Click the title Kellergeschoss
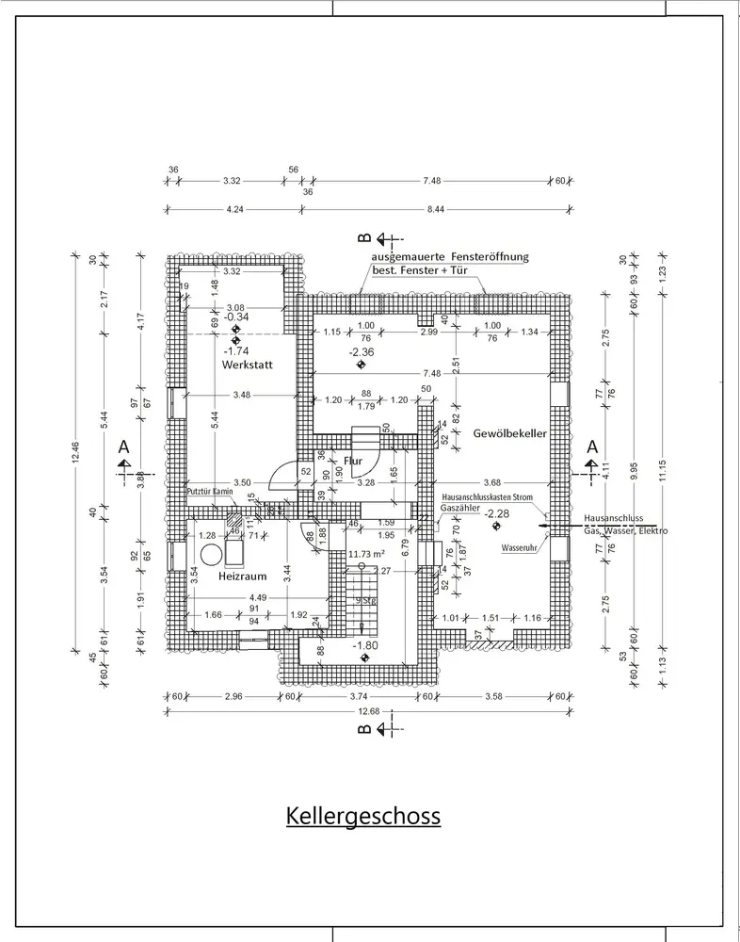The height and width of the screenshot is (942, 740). [x=363, y=815]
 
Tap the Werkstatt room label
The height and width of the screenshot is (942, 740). [x=248, y=364]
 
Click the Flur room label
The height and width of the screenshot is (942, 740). [x=354, y=461]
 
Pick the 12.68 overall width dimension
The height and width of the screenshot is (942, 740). [x=368, y=712]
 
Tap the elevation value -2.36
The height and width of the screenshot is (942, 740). [x=361, y=352]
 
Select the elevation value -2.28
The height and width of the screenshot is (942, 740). [x=497, y=513]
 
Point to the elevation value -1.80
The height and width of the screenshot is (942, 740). [x=365, y=646]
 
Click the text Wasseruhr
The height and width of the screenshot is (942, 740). [x=519, y=546]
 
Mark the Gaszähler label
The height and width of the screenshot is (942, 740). [x=459, y=508]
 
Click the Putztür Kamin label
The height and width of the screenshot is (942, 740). [x=209, y=492]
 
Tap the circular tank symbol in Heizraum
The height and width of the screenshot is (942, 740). [x=210, y=552]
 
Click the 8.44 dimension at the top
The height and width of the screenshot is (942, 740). [x=435, y=209]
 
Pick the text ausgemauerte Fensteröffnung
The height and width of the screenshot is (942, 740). [x=450, y=256]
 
